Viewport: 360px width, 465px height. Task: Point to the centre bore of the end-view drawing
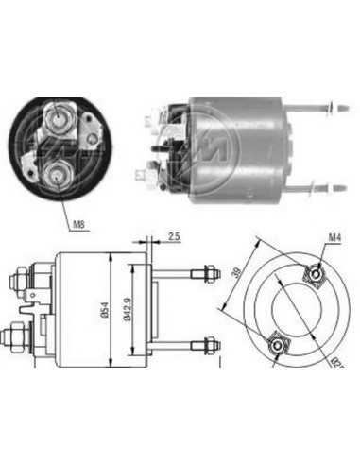tap(293, 311)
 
